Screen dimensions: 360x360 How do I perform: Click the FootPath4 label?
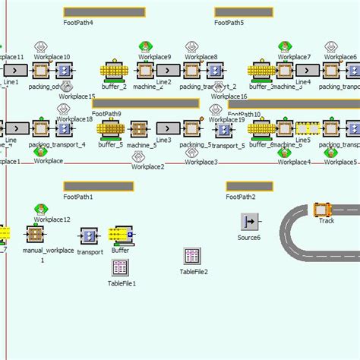click(79, 23)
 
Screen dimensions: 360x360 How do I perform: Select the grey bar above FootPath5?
click(244, 12)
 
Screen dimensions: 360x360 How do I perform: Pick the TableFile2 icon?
click(193, 256)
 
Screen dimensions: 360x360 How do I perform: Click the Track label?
click(327, 221)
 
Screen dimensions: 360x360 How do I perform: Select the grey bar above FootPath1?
click(89, 186)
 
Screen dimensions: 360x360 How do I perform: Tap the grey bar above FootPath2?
click(249, 186)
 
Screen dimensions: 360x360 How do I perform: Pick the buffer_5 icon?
click(111, 128)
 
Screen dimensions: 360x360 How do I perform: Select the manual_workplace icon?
click(35, 234)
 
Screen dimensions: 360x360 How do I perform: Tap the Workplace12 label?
click(52, 219)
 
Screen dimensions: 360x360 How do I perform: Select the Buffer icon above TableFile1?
click(120, 235)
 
